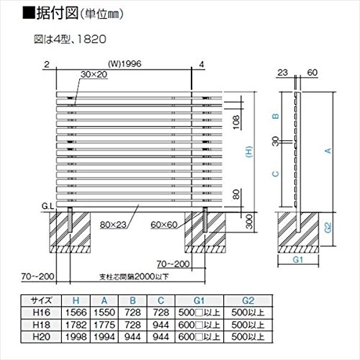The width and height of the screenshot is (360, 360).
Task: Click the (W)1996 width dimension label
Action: (x=125, y=64)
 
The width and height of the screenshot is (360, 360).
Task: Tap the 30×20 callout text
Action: (x=94, y=74)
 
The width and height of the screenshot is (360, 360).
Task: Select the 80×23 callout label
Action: (x=113, y=225)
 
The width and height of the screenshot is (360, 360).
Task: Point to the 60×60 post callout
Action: (x=164, y=225)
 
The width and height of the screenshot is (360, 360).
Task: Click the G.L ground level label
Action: (x=48, y=206)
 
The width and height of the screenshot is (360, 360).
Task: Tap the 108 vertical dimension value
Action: (x=236, y=122)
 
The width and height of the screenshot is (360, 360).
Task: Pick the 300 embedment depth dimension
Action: (x=249, y=222)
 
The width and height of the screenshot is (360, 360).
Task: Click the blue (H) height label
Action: (x=249, y=152)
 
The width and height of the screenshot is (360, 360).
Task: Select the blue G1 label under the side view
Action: (x=298, y=260)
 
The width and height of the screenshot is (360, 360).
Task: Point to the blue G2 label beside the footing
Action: (x=328, y=228)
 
